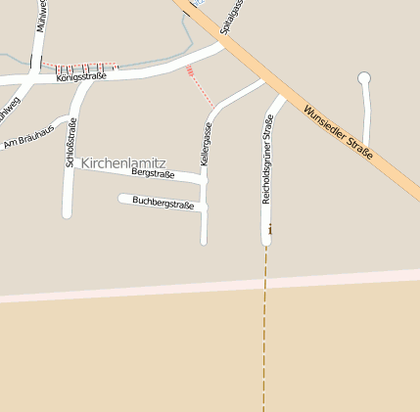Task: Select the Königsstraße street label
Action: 81,75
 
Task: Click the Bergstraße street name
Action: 153,173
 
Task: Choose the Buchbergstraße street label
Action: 163,204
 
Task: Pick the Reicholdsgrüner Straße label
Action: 267,159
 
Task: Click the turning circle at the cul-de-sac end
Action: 365,77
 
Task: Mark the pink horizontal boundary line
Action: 210,286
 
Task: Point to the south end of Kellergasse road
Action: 204,240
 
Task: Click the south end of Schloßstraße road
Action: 68,212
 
